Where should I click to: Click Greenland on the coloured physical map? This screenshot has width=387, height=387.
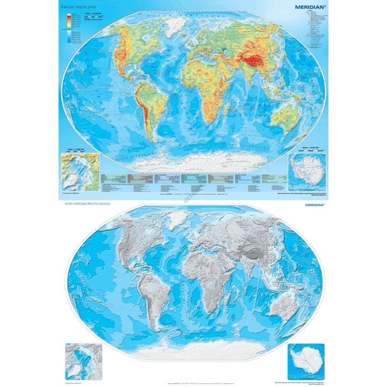point(174,25)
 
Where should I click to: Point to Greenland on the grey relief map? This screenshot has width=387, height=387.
point(174,224)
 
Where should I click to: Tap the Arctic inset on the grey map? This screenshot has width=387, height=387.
point(80,360)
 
